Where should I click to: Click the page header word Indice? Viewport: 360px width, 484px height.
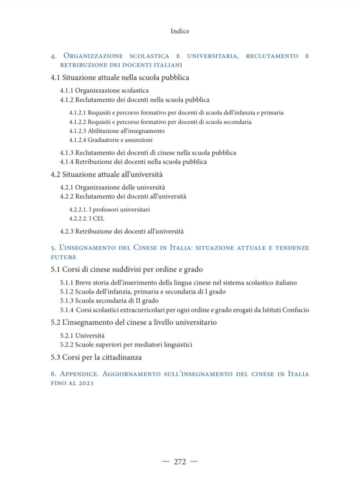tap(180, 31)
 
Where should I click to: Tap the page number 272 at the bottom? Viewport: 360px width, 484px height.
tap(180, 462)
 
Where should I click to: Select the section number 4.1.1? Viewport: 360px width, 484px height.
tap(67, 90)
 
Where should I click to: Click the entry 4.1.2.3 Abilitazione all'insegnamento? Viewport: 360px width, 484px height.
tap(117, 131)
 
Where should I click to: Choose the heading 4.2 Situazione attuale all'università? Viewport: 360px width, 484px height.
tap(106, 174)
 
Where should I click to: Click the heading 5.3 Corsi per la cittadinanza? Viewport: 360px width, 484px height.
tap(96, 357)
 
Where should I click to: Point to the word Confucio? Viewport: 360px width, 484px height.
tap(296, 310)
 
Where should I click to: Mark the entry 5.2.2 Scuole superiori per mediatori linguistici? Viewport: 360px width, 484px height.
tap(126, 345)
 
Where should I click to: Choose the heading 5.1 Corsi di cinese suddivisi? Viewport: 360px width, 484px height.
tap(127, 270)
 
